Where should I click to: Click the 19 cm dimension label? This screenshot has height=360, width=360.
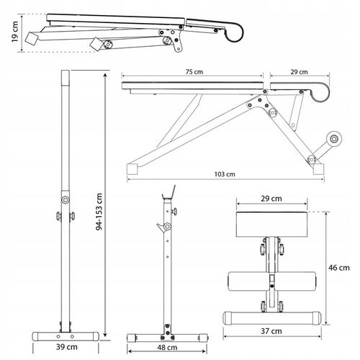15,32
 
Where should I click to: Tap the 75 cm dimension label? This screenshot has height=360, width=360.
194,72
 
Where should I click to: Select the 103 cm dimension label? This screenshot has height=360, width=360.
225,174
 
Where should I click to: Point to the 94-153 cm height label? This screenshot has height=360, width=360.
99,212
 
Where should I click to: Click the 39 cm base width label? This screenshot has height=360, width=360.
67,347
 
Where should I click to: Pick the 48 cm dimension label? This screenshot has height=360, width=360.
167,347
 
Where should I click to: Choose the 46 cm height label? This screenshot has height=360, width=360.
339,268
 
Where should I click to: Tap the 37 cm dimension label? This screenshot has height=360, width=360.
271,331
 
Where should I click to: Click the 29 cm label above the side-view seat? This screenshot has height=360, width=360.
299,72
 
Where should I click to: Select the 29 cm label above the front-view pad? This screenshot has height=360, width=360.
271,199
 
